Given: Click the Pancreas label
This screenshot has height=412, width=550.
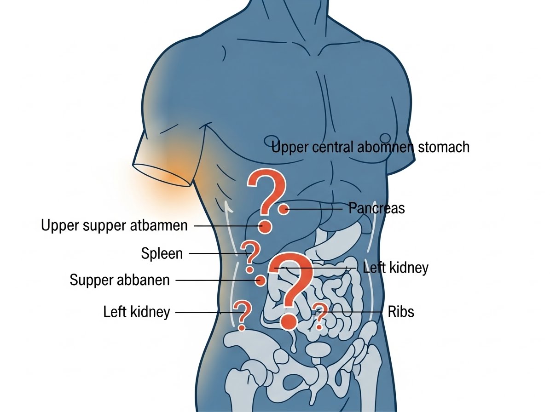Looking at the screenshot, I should click(376, 208).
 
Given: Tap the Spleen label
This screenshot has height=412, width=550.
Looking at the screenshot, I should click(162, 253).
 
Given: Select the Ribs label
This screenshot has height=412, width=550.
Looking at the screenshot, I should click(401, 312).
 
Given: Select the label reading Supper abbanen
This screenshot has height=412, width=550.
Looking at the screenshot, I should click(120, 280).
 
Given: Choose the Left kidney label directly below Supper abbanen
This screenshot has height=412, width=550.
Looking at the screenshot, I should click(137, 312).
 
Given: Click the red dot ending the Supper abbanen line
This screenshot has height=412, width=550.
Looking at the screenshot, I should click(261, 280).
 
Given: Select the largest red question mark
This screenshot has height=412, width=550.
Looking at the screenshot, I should click(290, 290).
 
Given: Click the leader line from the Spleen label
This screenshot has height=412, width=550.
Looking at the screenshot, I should click(215, 253).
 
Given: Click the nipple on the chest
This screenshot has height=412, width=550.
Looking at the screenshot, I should click(385, 137).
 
